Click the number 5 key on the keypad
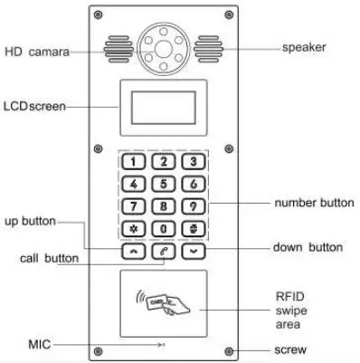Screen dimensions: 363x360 [x=163, y=184]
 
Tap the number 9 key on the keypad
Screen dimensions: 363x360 [x=192, y=205]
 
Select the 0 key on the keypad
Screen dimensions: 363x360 [x=163, y=227]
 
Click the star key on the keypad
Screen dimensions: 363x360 [x=134, y=227]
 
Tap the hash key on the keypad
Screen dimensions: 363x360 [x=192, y=227]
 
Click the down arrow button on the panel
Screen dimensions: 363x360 [x=192, y=250]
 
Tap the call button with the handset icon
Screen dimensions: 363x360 [x=163, y=250]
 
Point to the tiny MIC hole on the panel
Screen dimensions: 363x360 [x=163, y=345]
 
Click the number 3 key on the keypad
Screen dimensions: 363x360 [x=192, y=162]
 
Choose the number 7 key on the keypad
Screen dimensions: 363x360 [x=134, y=205]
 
